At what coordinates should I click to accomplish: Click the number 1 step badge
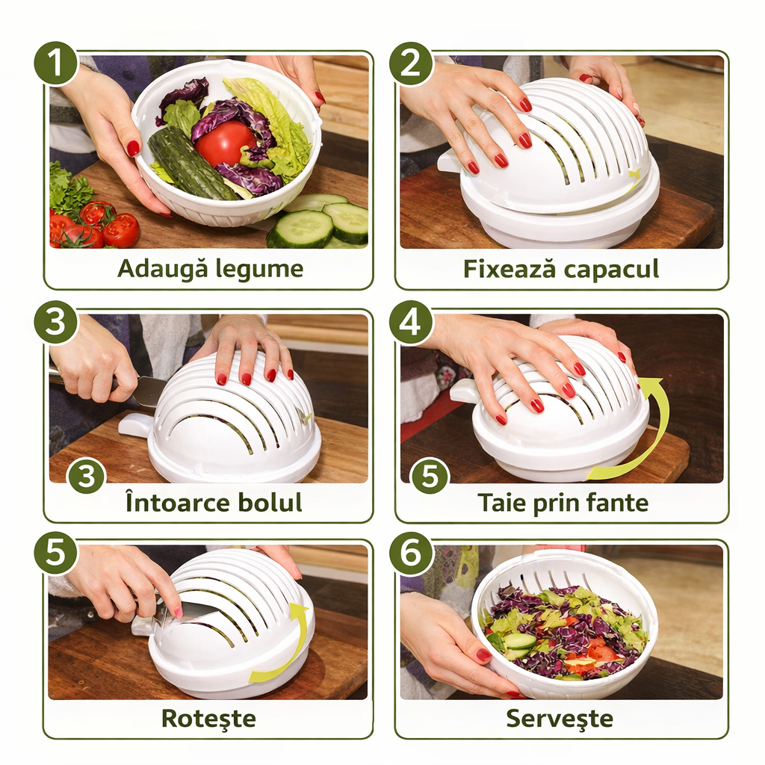click(x=56, y=64)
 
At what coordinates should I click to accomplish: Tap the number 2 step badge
click(x=411, y=64)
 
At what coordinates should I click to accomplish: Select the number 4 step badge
click(x=411, y=323)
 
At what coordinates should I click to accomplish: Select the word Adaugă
click(x=162, y=268)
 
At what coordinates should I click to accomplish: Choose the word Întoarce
click(x=179, y=502)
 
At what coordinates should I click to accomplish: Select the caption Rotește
click(x=208, y=718)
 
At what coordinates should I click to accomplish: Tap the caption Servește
click(x=560, y=718)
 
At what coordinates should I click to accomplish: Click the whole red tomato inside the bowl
click(x=225, y=143)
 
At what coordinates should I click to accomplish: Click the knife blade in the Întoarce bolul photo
click(x=149, y=389)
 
